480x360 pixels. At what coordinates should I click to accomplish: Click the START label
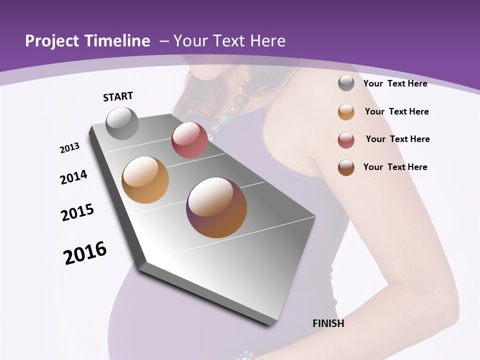tap(118, 96)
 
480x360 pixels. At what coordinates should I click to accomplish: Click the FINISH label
tap(328, 323)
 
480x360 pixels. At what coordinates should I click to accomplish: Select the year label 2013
tap(69, 148)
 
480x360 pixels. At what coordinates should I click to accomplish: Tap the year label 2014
tap(73, 177)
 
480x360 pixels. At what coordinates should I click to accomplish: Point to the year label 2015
tap(77, 212)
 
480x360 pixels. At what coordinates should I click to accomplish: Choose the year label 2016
tap(85, 253)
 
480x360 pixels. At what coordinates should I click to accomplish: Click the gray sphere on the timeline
tap(122, 123)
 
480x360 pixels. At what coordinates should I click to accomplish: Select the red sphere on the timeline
tap(189, 140)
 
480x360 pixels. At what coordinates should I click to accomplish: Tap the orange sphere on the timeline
tap(145, 180)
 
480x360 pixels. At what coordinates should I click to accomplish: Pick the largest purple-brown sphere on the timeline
tap(216, 207)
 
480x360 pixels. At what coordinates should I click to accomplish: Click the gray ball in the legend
tap(346, 83)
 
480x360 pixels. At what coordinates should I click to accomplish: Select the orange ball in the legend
tap(346, 112)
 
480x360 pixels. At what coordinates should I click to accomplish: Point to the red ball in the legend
tap(346, 140)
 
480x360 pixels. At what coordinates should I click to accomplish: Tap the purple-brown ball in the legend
tap(346, 167)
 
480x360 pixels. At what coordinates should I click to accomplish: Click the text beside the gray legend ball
tap(395, 83)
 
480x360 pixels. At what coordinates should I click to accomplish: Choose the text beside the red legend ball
tap(397, 139)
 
